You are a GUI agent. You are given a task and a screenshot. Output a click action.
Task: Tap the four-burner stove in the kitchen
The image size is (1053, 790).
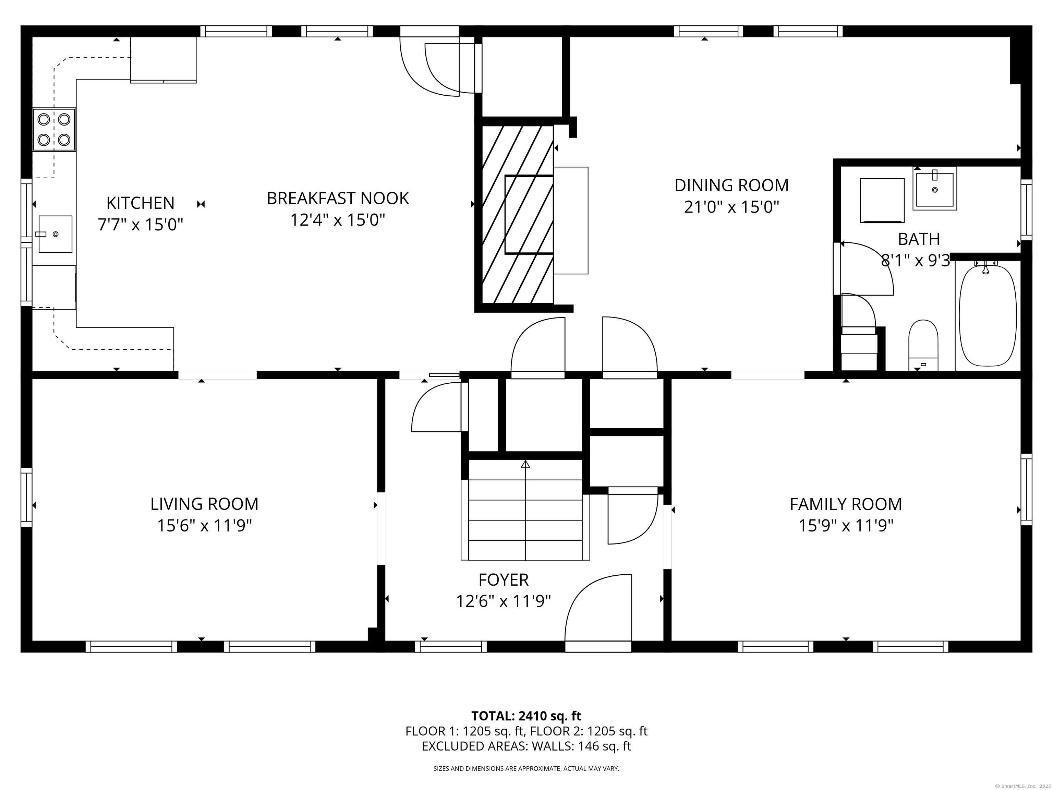[x=54, y=130]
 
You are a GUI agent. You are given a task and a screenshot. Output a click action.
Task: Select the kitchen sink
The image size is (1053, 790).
[x=55, y=234]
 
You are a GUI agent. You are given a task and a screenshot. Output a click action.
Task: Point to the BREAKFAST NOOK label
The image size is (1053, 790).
[x=338, y=198]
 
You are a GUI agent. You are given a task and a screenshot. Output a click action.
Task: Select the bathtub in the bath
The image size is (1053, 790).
[x=987, y=316]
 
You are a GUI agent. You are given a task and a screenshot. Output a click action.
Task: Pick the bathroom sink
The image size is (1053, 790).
[x=934, y=188]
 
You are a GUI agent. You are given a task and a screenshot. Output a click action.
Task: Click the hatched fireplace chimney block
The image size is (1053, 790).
[x=518, y=214]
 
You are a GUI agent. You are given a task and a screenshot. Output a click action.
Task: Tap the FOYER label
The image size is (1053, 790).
[x=503, y=579]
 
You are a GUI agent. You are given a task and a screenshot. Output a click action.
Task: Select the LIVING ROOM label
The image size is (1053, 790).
[x=204, y=504]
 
